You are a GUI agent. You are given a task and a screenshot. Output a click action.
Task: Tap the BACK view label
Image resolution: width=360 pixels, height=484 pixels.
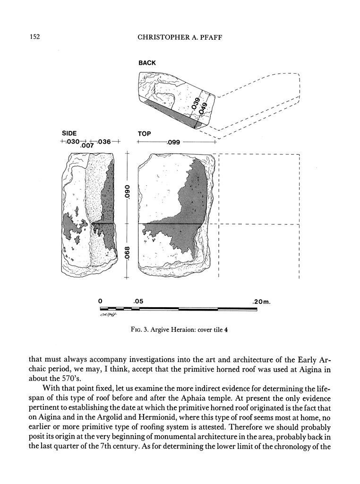pos(147,63)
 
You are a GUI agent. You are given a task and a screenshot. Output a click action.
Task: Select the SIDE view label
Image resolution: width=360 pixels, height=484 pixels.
pos(69,133)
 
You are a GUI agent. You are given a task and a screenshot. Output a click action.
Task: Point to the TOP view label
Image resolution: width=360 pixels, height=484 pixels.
pos(144,134)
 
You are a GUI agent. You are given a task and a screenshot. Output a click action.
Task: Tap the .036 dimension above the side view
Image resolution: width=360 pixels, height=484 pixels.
pos(104,141)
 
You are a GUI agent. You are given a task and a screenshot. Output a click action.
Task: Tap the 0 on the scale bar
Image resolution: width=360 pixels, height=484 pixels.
pos(101,301)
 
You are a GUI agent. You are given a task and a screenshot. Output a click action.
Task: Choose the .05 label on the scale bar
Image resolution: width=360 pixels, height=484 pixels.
pos(138,301)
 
